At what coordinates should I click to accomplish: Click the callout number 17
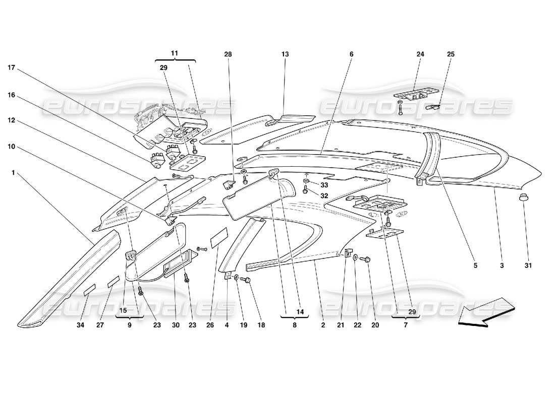12,66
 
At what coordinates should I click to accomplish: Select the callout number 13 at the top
285,54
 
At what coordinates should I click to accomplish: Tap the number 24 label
420,54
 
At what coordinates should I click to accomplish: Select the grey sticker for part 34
89,289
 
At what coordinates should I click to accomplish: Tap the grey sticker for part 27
113,281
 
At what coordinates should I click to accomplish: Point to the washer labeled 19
236,277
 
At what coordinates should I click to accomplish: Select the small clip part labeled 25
433,107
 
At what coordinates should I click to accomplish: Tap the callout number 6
351,54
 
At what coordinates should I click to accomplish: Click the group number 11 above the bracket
175,52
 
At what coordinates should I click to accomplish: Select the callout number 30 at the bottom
176,325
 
